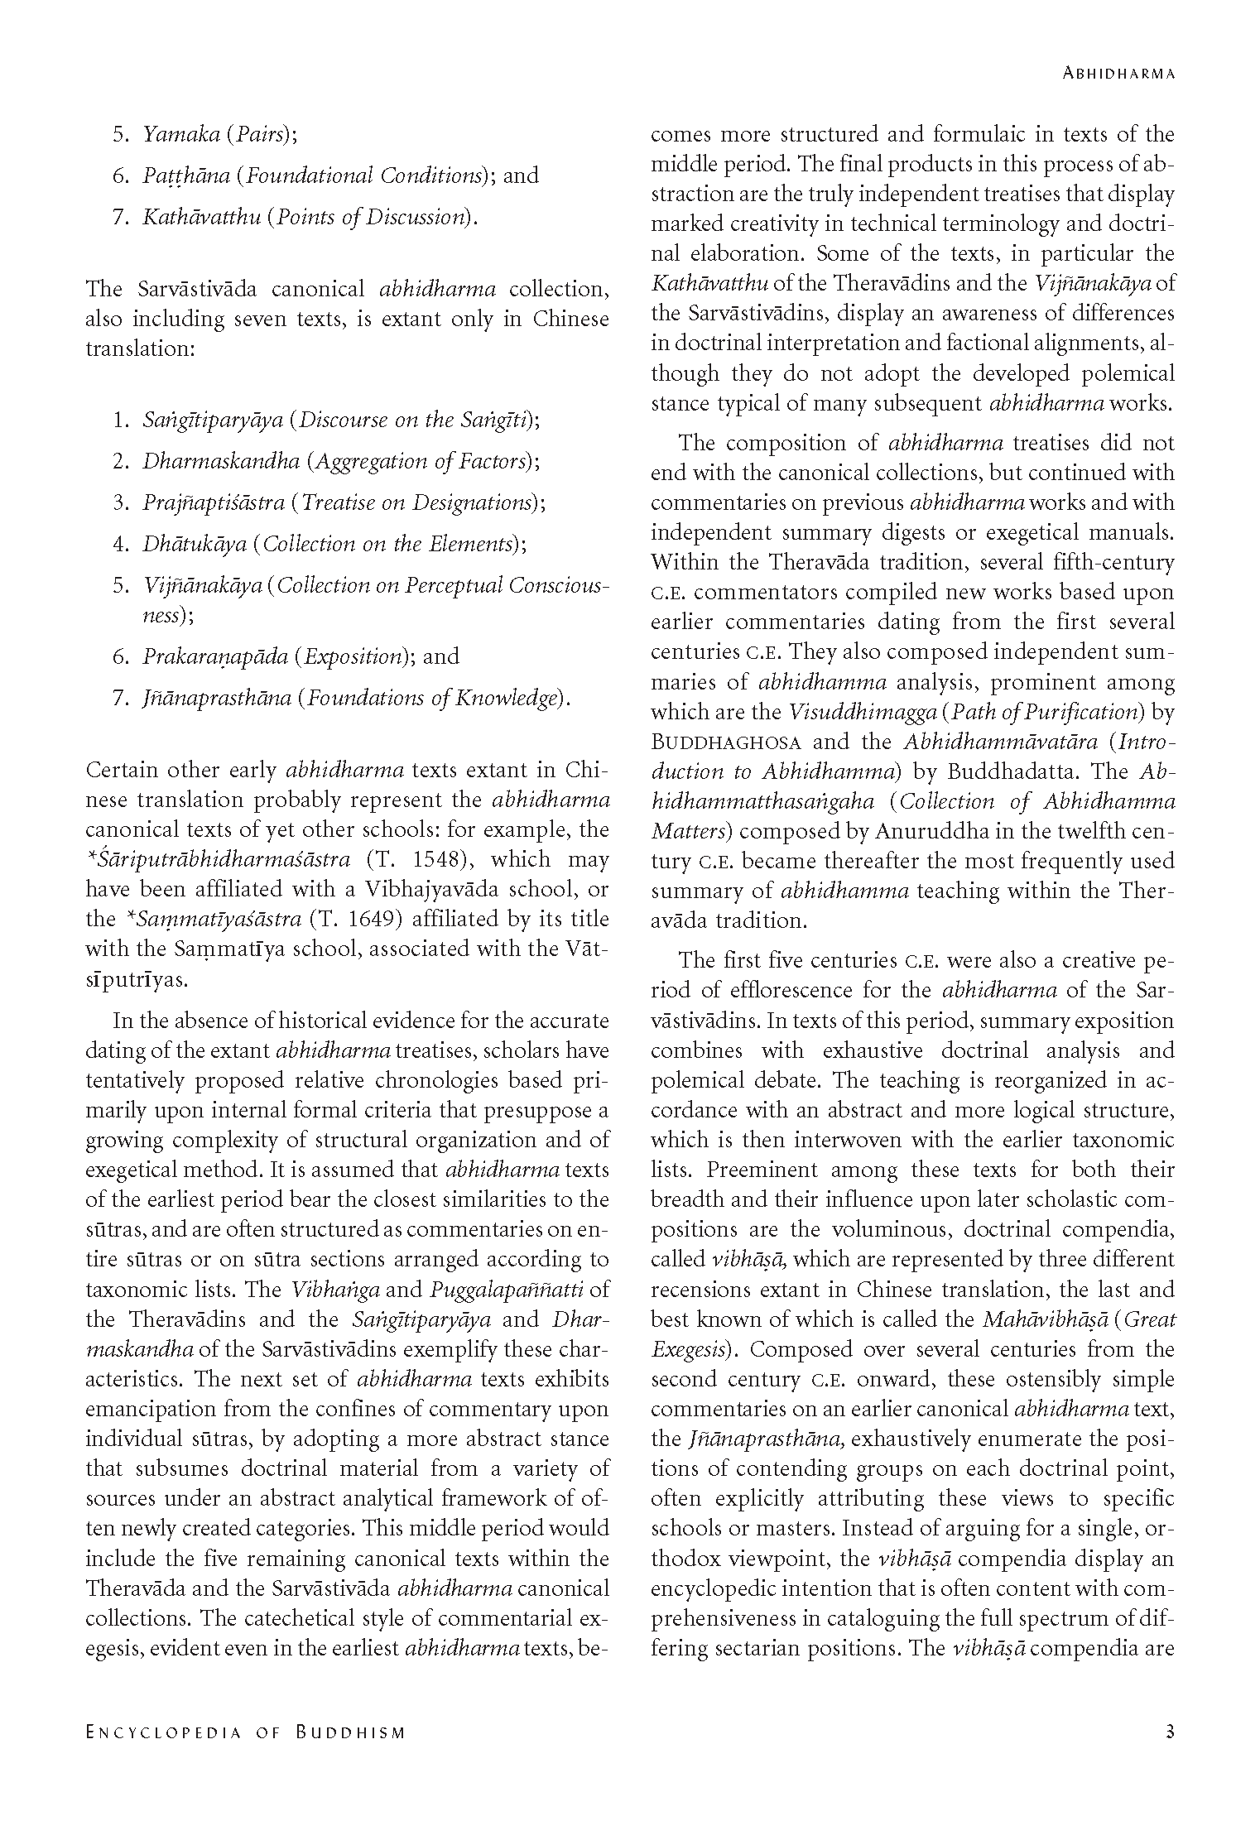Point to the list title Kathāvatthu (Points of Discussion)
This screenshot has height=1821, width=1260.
(310, 217)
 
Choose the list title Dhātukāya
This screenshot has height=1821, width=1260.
(195, 544)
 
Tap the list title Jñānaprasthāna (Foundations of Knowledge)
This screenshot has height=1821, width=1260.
(357, 698)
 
